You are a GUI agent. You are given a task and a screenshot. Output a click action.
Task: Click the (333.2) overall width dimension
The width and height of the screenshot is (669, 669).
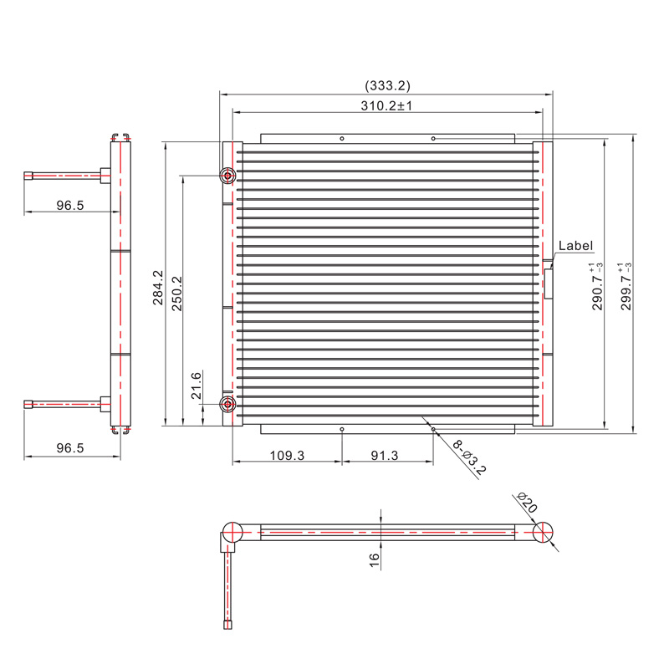[387, 85]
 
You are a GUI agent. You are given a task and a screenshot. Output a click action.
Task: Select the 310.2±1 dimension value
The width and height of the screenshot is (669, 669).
[387, 106]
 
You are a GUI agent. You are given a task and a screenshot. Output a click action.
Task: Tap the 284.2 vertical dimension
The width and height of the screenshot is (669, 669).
[158, 286]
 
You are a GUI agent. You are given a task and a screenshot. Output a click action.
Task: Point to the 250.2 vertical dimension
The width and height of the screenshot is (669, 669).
[177, 293]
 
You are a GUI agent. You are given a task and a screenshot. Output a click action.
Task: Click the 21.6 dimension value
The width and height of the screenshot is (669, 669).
[197, 386]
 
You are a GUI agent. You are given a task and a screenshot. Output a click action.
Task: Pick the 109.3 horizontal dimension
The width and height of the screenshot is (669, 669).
[287, 456]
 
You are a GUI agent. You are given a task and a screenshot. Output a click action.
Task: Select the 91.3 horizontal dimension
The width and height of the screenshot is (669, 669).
[387, 456]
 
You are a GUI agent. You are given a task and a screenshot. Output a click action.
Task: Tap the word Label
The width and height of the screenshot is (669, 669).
[575, 246]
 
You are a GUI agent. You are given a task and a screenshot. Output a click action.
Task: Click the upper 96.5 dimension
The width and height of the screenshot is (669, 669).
[70, 205]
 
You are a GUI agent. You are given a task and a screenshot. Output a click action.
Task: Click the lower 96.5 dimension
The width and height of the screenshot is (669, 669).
[70, 448]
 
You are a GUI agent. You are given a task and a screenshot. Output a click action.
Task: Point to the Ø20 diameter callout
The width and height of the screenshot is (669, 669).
[527, 503]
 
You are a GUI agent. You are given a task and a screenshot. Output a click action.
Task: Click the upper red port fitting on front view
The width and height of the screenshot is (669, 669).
[227, 176]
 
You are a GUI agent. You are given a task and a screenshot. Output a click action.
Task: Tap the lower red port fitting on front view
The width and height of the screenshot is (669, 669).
[227, 406]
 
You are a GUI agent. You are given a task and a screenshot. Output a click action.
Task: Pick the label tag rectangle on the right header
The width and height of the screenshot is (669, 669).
[549, 283]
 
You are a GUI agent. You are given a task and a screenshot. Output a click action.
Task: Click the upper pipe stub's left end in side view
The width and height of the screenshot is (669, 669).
[28, 176]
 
